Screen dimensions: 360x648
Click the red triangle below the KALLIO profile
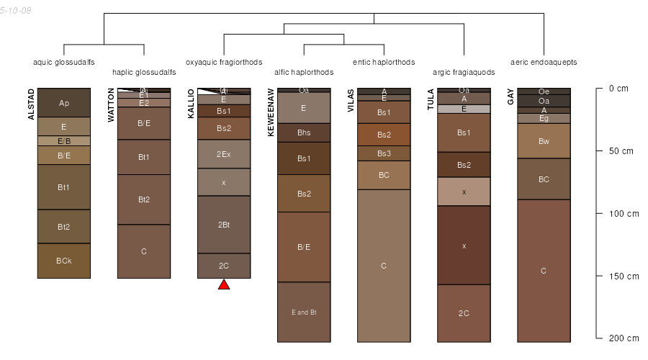coord(224,284)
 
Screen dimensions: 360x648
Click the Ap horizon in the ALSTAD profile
coord(64,103)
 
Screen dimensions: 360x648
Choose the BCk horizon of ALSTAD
coord(64,261)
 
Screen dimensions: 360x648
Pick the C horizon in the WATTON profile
coord(144,251)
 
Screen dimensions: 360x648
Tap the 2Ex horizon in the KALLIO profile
coord(224,154)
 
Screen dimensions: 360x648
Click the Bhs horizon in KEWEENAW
coord(304,133)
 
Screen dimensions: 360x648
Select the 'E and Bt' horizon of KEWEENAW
coord(304,312)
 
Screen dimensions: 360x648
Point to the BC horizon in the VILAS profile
coord(384,175)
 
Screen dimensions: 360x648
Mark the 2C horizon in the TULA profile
coord(464,313)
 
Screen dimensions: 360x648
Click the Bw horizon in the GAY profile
coord(544,141)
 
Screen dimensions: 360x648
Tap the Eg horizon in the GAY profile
coord(544,119)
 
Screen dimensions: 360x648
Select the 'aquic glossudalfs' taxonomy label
coord(64,62)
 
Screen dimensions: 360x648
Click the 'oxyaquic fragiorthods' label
coord(224,62)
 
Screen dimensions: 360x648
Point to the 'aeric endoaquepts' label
coord(544,62)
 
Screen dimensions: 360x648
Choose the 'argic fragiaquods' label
coord(464,72)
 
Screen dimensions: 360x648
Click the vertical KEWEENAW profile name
coord(271,112)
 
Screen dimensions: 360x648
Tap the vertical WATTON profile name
coord(111,105)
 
